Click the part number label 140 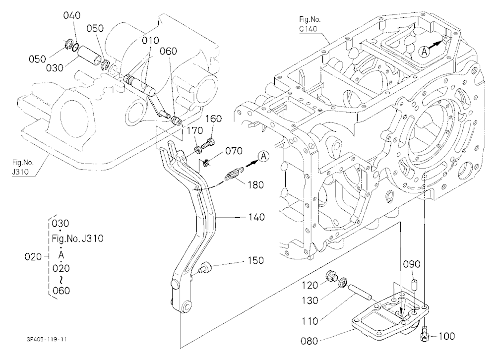coord(256,217)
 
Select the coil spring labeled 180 coord(234,175)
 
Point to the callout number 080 coord(310,341)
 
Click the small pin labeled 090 coord(414,284)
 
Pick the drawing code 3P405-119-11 coord(47,340)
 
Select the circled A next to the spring coord(263,156)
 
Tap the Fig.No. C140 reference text coord(310,24)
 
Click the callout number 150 coord(255,260)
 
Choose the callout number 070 coord(234,151)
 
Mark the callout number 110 coord(310,321)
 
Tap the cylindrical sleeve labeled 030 coord(90,57)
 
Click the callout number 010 coord(150,41)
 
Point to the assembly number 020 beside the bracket coord(33,256)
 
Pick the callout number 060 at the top coord(168,51)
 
